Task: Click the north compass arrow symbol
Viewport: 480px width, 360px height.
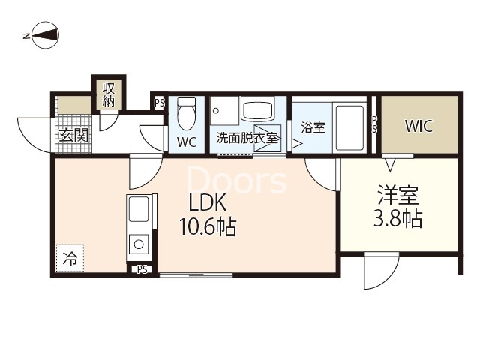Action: (42, 34)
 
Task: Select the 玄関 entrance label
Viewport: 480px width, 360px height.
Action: (74, 136)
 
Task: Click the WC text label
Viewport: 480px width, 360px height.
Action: (187, 141)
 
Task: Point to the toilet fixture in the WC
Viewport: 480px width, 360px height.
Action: (187, 114)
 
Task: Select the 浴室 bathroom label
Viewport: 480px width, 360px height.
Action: (313, 127)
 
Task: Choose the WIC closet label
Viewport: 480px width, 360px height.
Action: (418, 126)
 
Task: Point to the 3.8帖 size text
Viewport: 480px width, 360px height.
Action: (398, 219)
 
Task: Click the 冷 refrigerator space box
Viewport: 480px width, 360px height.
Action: (70, 259)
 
